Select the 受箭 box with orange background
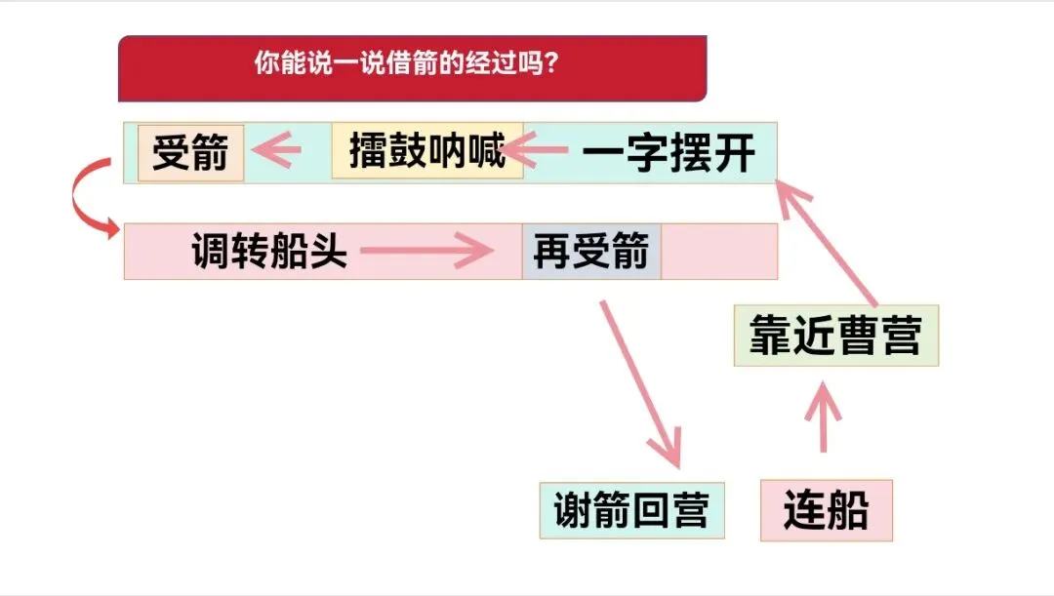[x=191, y=152]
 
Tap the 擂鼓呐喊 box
[x=427, y=151]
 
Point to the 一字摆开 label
[x=669, y=154]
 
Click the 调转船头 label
[x=269, y=252]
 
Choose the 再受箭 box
[x=591, y=252]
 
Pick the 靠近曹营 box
[x=835, y=336]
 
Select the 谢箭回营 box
[x=631, y=510]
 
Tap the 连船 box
[x=826, y=510]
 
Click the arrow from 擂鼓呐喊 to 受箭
[x=276, y=151]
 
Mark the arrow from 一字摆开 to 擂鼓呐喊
[x=536, y=150]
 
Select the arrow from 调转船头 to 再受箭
[x=426, y=253]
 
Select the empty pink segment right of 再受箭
[x=718, y=252]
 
